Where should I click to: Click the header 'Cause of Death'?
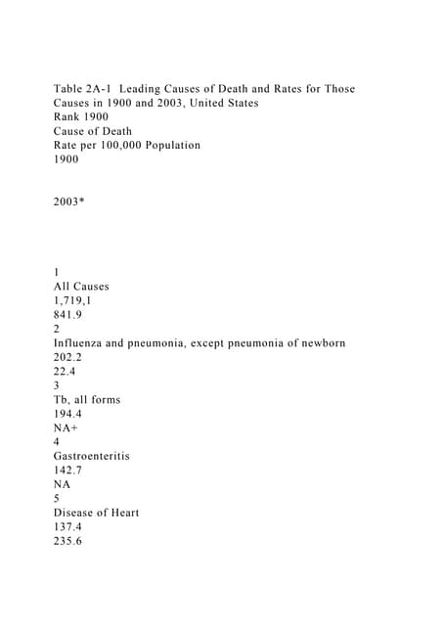point(93,131)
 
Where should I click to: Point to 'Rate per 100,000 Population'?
point(127,145)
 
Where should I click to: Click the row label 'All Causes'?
point(81,287)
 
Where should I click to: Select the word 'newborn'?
point(318,343)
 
